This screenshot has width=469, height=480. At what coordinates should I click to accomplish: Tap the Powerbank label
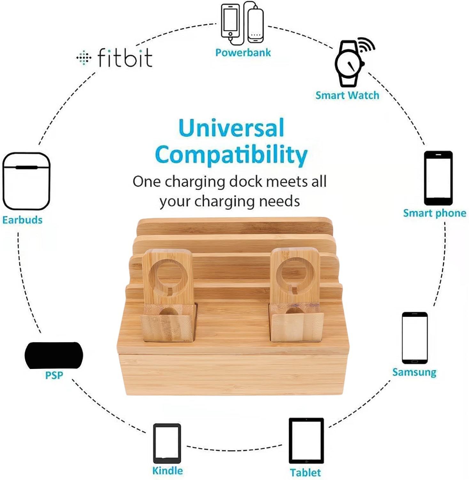point(243,52)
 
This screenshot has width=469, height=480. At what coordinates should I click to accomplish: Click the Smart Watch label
point(347,95)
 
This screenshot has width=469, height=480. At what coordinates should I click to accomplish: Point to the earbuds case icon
point(26,181)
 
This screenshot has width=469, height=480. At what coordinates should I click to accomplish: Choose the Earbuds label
point(22,220)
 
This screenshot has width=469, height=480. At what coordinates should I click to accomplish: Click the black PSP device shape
point(54,355)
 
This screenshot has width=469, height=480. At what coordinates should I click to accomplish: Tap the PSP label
point(54,375)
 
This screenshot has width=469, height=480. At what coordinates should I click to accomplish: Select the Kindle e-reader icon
point(167,444)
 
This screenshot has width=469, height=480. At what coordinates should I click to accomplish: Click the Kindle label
point(168,471)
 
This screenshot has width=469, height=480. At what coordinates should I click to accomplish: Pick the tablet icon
point(306,441)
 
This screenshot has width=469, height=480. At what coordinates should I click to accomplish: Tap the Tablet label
point(305,473)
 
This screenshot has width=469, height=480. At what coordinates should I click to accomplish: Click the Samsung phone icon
point(415,338)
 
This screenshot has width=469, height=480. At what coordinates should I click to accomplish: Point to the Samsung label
point(414,372)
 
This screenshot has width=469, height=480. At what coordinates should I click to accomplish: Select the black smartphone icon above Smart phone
point(438,178)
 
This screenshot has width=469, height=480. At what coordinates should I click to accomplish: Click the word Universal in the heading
point(231,128)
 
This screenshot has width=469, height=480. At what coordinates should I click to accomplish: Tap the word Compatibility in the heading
point(231,155)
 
